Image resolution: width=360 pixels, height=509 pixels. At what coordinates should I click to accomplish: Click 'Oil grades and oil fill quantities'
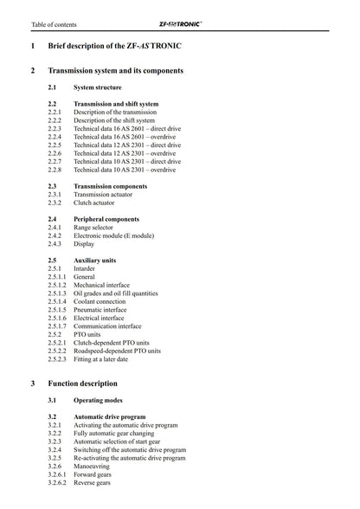click(127, 293)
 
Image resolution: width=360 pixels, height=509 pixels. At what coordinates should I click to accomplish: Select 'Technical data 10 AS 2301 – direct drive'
click(127, 161)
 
